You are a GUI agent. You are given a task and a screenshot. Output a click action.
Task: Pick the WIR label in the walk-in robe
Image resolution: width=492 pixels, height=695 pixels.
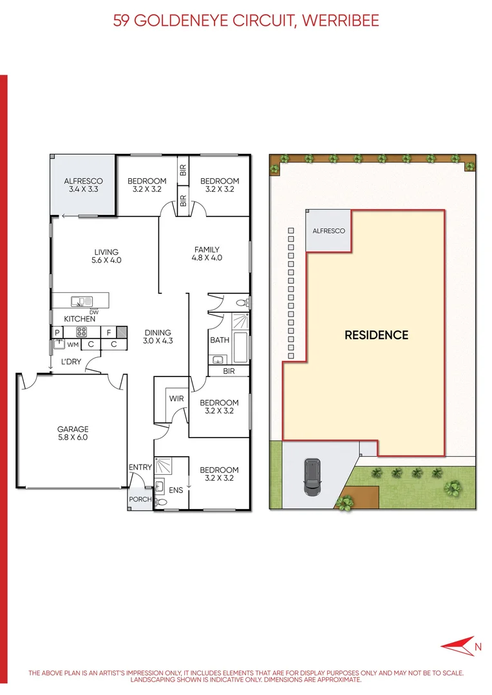[x=176, y=399]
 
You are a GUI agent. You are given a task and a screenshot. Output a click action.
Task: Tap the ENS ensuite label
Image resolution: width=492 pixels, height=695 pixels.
[x=176, y=490]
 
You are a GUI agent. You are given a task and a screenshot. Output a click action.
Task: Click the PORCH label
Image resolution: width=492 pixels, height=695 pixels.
[x=140, y=499]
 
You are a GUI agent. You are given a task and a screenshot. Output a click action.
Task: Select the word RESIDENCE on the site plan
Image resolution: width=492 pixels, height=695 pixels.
[x=376, y=335]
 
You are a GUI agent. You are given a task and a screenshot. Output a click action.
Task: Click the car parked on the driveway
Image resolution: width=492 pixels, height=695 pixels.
[x=312, y=476]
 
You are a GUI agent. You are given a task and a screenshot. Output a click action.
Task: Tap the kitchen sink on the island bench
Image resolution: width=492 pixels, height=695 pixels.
[x=82, y=301]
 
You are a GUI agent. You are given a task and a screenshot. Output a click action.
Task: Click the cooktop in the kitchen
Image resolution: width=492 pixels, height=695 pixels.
[x=82, y=333]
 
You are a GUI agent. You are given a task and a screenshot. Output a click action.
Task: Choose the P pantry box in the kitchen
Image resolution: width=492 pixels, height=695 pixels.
[x=57, y=333]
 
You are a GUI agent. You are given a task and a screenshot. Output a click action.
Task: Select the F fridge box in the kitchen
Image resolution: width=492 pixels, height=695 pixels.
[x=109, y=333]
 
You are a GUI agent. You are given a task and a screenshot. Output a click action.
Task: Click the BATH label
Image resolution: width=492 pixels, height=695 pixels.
[x=220, y=340]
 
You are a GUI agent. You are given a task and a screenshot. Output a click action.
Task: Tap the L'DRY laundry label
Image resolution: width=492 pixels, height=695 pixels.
[x=71, y=362]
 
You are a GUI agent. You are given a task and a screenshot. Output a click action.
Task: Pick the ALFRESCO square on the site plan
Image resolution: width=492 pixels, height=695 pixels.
[x=328, y=230]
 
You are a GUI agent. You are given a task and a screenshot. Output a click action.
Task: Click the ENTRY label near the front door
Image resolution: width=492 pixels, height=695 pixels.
[x=140, y=467]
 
